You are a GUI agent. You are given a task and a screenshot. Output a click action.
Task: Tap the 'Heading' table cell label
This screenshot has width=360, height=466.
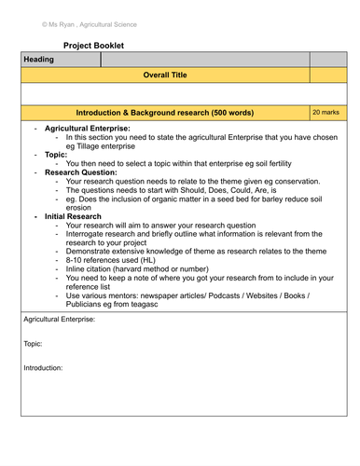[x=39, y=60]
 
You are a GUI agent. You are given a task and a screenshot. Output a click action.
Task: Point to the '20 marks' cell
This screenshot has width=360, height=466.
[x=327, y=111]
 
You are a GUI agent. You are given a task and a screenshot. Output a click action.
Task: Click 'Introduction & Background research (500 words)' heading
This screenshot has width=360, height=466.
[x=164, y=112]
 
